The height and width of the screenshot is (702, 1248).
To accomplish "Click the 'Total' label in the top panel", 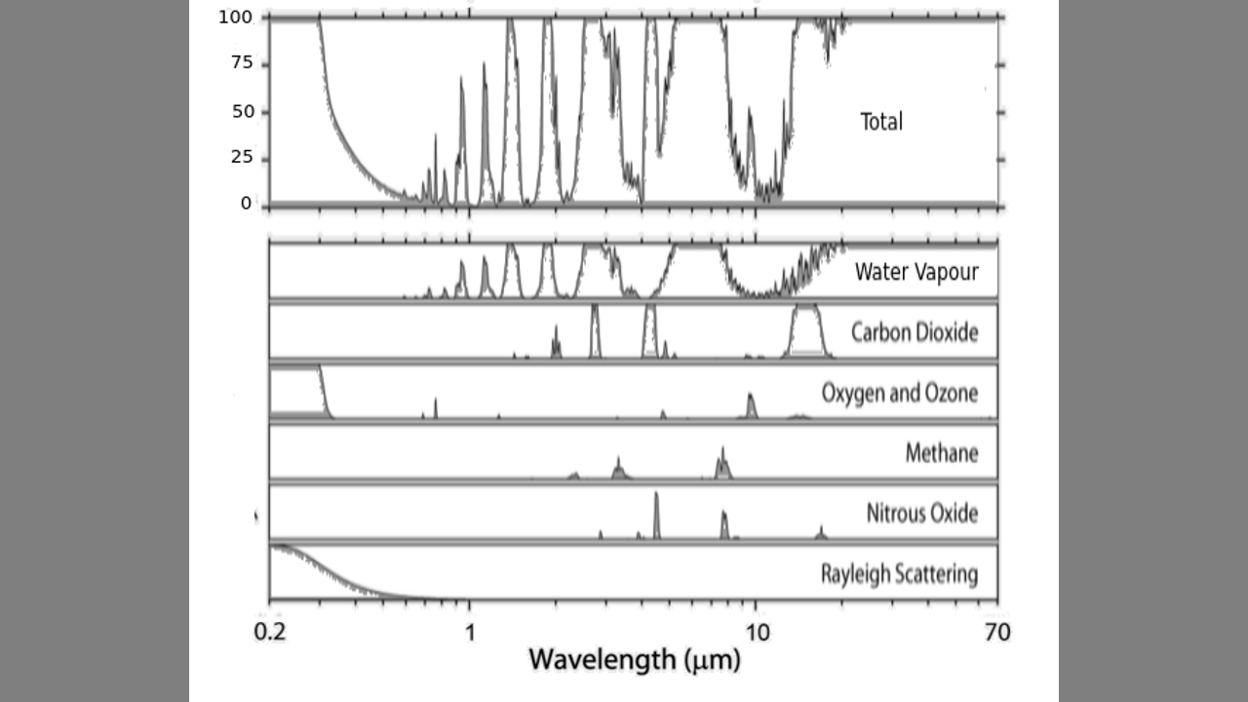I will click(881, 122).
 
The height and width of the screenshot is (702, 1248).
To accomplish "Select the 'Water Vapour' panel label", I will click(916, 271).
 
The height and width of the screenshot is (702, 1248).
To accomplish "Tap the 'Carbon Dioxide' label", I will click(914, 332).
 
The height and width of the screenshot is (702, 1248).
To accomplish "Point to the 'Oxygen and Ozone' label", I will click(899, 393).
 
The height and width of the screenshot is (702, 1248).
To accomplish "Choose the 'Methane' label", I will click(941, 453).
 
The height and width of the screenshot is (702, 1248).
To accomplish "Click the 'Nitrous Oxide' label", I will click(921, 513).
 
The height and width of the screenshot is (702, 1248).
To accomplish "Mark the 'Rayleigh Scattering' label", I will click(899, 573).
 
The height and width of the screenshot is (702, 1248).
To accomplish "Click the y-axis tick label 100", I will click(235, 17).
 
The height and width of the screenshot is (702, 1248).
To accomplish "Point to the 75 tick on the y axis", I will click(240, 63).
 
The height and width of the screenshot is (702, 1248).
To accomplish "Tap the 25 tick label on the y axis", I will click(240, 157).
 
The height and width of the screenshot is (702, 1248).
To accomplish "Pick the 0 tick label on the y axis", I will click(246, 203).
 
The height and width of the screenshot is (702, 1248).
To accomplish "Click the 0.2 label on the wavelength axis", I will click(269, 633).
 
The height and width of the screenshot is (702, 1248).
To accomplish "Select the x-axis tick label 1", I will click(470, 633).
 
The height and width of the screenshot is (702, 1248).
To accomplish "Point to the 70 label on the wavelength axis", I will click(996, 633).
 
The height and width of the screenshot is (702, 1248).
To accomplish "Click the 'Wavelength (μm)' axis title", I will click(635, 660).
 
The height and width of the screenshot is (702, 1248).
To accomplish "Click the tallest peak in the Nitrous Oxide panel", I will click(656, 512).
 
